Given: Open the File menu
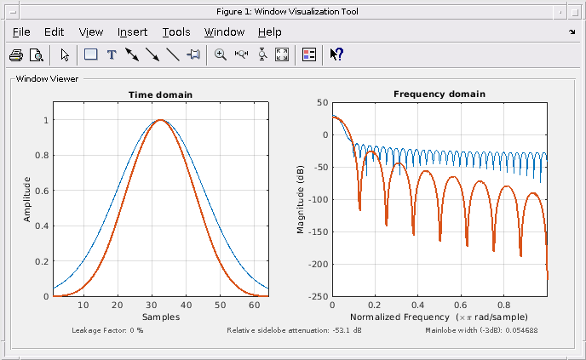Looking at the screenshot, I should tap(21, 32).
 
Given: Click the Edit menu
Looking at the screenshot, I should tap(54, 32).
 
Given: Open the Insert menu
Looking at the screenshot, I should tap(132, 32).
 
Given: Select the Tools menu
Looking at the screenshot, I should tap(176, 32).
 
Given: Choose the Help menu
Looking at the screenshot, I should tap(269, 32).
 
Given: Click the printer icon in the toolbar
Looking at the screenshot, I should tap(16, 54).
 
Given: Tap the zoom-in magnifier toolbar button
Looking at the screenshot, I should tap(221, 54).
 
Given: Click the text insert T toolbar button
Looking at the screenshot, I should tap(111, 54).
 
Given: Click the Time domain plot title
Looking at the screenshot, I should tap(160, 94).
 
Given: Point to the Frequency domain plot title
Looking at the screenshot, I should tap(439, 94).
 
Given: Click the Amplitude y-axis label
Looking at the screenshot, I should tap(27, 199).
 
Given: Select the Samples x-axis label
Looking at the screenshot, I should tap(160, 317).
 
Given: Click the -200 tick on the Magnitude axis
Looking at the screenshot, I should tap(317, 265).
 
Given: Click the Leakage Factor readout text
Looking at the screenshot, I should tap(107, 329).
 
